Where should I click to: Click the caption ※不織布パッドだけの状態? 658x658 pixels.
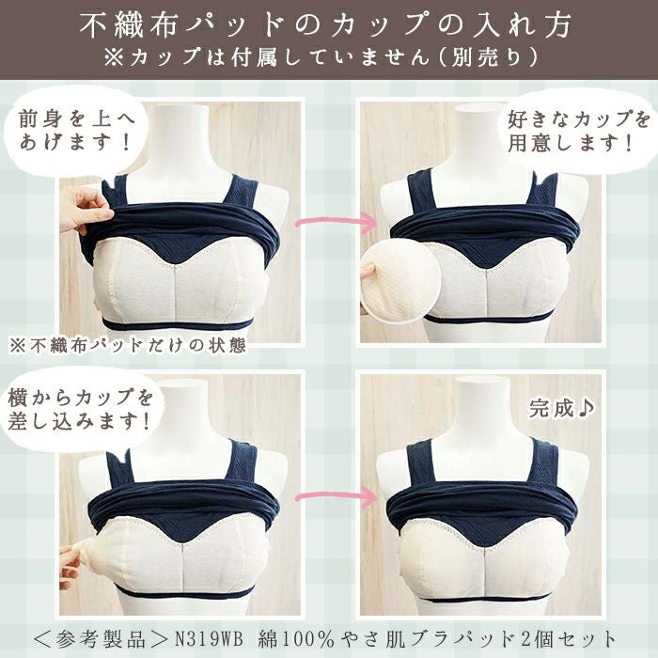tap(127, 344)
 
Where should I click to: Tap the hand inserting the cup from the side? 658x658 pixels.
tap(70, 564)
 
